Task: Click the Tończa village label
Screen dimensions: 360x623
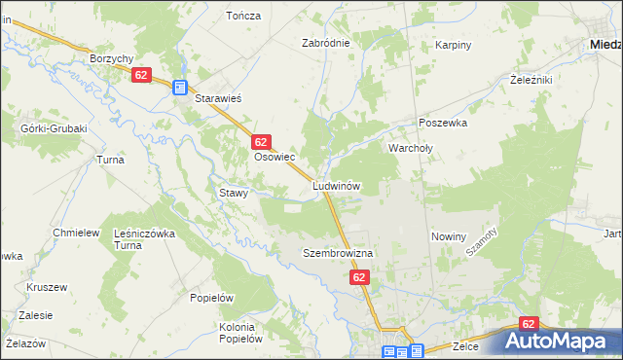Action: point(243,16)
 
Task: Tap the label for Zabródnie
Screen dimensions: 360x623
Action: point(325,44)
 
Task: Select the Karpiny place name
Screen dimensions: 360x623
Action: point(454,46)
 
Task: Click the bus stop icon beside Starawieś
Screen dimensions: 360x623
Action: point(180,88)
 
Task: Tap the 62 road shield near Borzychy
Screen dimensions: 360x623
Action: point(142,75)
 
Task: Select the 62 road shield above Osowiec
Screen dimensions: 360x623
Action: point(260,142)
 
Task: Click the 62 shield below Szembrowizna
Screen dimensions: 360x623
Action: point(360,278)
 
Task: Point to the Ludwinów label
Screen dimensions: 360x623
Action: point(338,185)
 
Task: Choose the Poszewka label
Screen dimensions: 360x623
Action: point(443,124)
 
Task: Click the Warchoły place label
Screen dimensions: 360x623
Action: point(417,149)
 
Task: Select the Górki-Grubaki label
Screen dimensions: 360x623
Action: point(54,128)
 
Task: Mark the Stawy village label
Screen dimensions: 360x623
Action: point(234,193)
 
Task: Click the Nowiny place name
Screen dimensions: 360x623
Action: point(449,236)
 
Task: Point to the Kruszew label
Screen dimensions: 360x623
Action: point(47,287)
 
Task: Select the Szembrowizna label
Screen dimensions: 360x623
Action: point(338,253)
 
